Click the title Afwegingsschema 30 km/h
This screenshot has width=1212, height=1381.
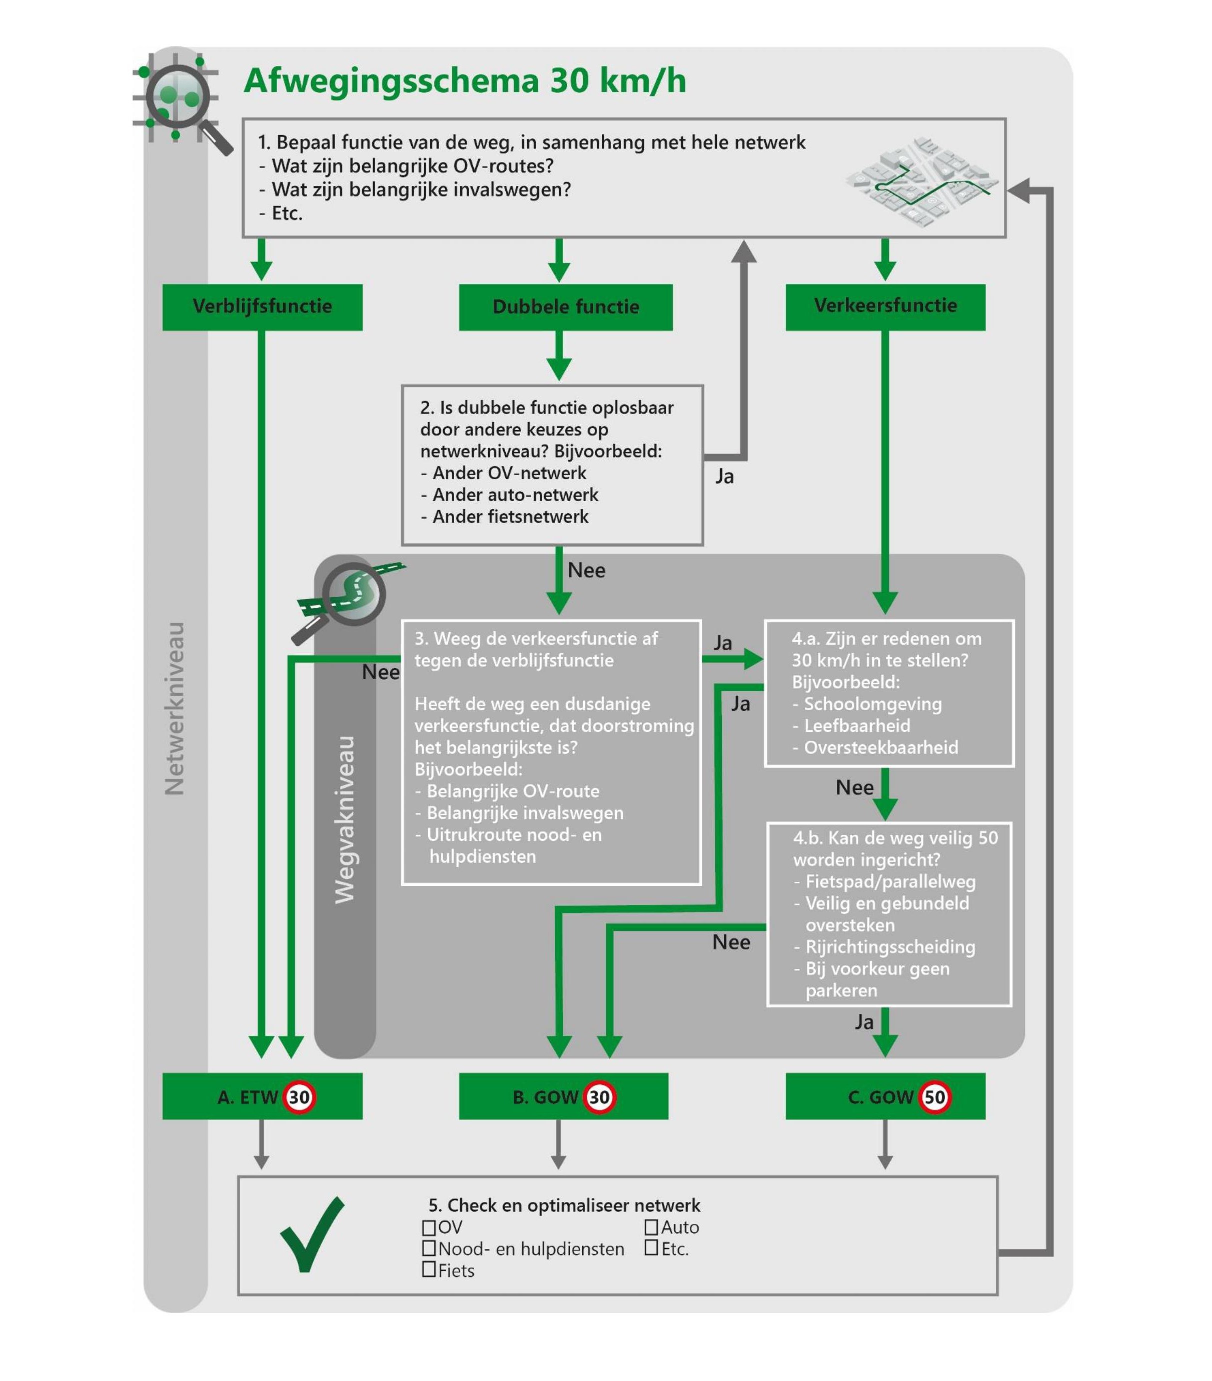click(464, 81)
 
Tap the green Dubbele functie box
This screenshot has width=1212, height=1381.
click(565, 308)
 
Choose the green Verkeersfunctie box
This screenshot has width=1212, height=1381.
click(885, 306)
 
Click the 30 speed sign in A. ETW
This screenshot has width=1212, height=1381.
click(299, 1097)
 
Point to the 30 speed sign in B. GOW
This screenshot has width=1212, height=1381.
click(599, 1097)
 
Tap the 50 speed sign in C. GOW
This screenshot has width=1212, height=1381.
click(934, 1097)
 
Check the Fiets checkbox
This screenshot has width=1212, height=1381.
click(428, 1269)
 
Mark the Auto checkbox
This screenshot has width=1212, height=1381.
click(651, 1226)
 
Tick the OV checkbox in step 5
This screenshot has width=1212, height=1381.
click(428, 1226)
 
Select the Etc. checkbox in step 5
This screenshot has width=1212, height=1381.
click(651, 1248)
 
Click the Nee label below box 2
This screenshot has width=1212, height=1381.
click(586, 570)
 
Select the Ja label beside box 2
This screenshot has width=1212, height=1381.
click(724, 477)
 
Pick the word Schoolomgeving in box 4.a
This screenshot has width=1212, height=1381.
click(872, 704)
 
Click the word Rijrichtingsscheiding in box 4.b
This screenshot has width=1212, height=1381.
click(890, 946)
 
